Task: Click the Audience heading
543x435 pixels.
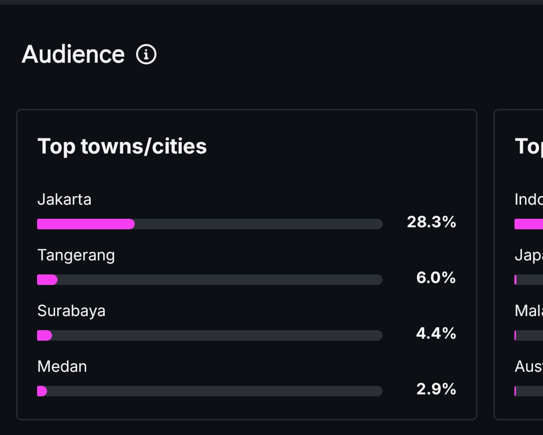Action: (x=73, y=54)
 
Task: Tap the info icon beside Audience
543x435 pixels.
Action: (x=146, y=54)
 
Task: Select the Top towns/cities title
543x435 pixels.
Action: (x=122, y=147)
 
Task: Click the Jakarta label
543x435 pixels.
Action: (x=64, y=199)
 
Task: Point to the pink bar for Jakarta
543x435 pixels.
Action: (x=86, y=224)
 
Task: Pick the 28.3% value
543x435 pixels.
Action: (x=431, y=222)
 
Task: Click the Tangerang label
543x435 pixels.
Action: (x=76, y=255)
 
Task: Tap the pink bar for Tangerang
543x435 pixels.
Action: (x=47, y=280)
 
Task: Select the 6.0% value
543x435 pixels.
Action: (x=436, y=277)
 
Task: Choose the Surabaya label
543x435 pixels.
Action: (x=71, y=311)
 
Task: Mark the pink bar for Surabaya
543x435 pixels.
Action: (x=45, y=336)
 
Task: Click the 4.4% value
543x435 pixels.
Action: (x=436, y=333)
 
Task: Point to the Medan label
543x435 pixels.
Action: (x=62, y=366)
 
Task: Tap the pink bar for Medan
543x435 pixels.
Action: (x=42, y=391)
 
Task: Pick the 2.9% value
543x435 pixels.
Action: (x=436, y=389)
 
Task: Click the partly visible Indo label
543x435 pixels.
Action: (x=528, y=199)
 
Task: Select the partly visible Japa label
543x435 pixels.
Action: (x=528, y=255)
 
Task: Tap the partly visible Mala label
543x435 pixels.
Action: (x=528, y=311)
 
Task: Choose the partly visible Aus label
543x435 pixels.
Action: (x=528, y=366)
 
